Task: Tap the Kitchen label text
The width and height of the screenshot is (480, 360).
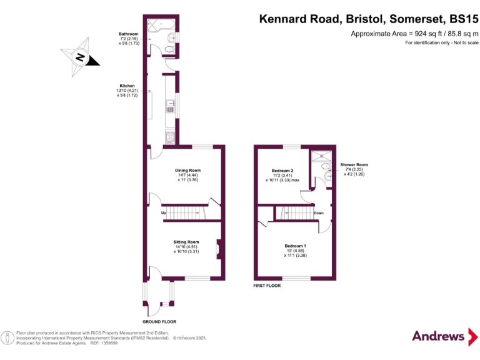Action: click(127, 86)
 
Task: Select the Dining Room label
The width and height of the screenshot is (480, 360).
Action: click(187, 170)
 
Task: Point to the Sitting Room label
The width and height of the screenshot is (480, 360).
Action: click(186, 242)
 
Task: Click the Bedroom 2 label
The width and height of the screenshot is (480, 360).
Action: click(282, 171)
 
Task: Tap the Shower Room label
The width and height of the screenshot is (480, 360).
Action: click(354, 165)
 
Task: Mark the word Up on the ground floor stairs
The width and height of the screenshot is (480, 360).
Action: click(163, 213)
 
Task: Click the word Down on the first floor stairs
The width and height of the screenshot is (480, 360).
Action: click(318, 213)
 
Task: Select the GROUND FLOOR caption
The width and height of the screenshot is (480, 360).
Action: click(159, 322)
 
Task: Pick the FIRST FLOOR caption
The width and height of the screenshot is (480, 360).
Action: click(267, 285)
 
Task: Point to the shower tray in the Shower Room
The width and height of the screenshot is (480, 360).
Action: click(319, 156)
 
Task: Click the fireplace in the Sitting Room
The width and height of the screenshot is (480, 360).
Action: click(218, 249)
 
